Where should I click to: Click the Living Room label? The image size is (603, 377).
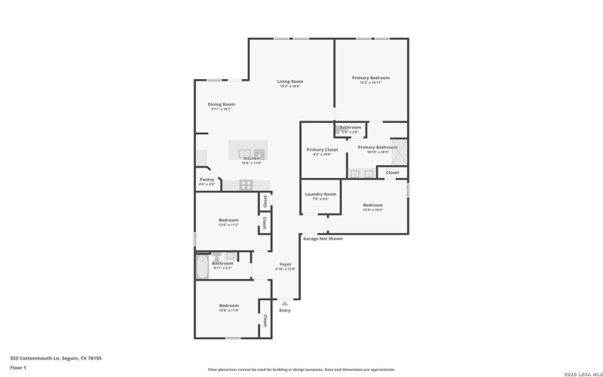290,81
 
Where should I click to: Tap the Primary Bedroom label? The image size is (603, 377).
370,78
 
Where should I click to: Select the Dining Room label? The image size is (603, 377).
221,104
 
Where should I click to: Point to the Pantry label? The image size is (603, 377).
207,179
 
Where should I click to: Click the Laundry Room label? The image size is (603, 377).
320,194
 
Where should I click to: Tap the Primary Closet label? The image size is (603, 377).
322,149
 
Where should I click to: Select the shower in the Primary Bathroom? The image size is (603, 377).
398,153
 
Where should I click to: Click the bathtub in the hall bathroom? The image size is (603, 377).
201,267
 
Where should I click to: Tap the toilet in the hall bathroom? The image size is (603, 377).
216,257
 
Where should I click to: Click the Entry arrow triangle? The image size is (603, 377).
285,303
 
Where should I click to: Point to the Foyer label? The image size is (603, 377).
285,264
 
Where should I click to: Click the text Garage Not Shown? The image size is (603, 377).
323,239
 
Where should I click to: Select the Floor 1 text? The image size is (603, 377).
18,367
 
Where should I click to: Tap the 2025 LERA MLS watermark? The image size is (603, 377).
578,370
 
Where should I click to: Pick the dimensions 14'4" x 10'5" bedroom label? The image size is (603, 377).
372,210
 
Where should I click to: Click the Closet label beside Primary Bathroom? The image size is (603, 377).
393,173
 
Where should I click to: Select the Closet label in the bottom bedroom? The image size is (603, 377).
265,320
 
